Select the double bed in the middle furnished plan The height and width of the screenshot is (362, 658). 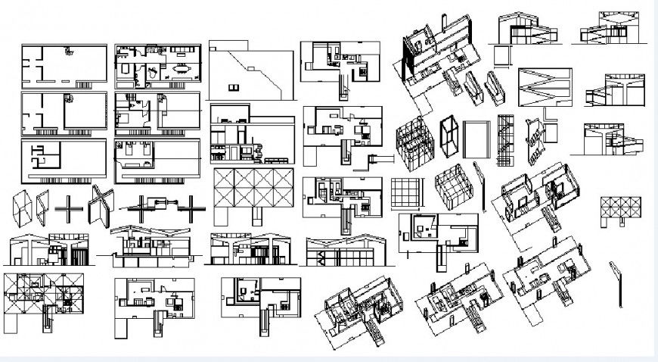[x=126, y=118]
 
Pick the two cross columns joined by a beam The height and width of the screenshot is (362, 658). [x=160, y=204]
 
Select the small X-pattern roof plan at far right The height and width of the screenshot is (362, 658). [x=620, y=210]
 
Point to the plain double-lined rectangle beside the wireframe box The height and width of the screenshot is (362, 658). [x=476, y=140]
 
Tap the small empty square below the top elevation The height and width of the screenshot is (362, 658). [x=501, y=56]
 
